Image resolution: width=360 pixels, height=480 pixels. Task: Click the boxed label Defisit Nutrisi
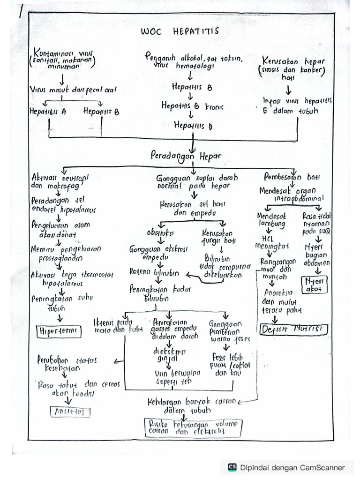(294, 329)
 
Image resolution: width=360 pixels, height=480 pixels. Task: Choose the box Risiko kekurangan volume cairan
(193, 427)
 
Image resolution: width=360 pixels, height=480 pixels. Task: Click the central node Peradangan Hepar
(186, 155)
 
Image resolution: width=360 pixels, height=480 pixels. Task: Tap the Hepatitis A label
(47, 112)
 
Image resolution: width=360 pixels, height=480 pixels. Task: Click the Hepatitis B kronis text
(192, 106)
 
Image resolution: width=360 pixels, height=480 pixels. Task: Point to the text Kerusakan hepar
(294, 61)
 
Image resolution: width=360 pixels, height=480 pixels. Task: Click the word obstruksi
(160, 232)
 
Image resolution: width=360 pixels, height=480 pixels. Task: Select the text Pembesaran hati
(292, 177)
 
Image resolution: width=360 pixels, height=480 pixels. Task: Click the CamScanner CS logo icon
(232, 467)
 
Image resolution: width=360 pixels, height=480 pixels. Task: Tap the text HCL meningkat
(272, 241)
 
